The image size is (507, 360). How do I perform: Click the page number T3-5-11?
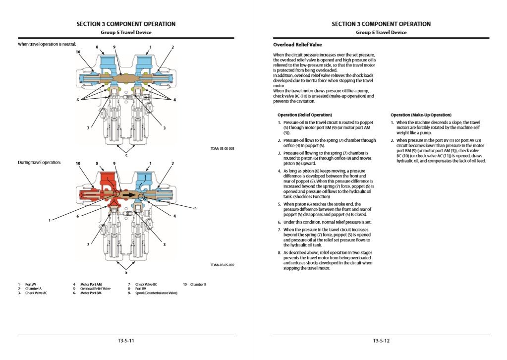(126, 341)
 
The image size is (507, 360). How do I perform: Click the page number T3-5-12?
(381, 341)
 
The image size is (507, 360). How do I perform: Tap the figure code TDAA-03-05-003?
(223, 148)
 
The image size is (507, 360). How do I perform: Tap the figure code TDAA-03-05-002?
(223, 265)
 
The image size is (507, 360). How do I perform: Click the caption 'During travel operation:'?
(39, 163)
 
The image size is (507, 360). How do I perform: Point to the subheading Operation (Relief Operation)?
(304, 115)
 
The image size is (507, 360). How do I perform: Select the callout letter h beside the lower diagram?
(195, 208)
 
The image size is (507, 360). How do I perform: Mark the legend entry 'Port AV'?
(30, 284)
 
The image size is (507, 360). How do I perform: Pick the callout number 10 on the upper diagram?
(78, 52)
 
